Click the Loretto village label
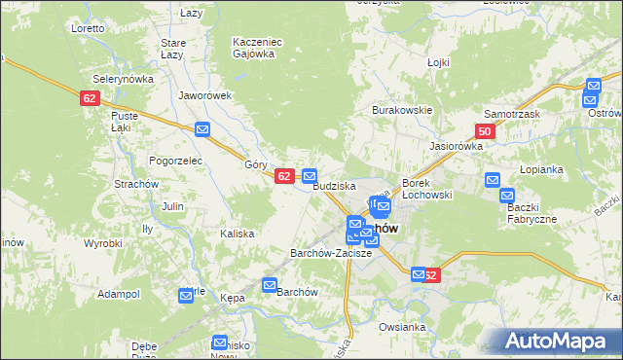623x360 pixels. [x=88, y=28]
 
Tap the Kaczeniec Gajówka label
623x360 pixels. [x=255, y=48]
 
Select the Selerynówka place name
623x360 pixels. [x=118, y=78]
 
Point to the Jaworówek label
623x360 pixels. [x=205, y=95]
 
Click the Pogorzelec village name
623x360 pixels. [x=174, y=160]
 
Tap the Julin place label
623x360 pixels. [x=172, y=206]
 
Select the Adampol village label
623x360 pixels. [x=119, y=293]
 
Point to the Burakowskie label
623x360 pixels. [x=401, y=110]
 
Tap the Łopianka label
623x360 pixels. [x=541, y=168]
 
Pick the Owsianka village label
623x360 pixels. [x=403, y=327]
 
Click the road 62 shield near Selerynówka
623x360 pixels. [x=90, y=98]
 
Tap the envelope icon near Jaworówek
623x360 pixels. [x=202, y=129]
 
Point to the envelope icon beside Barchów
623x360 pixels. [x=270, y=285]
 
